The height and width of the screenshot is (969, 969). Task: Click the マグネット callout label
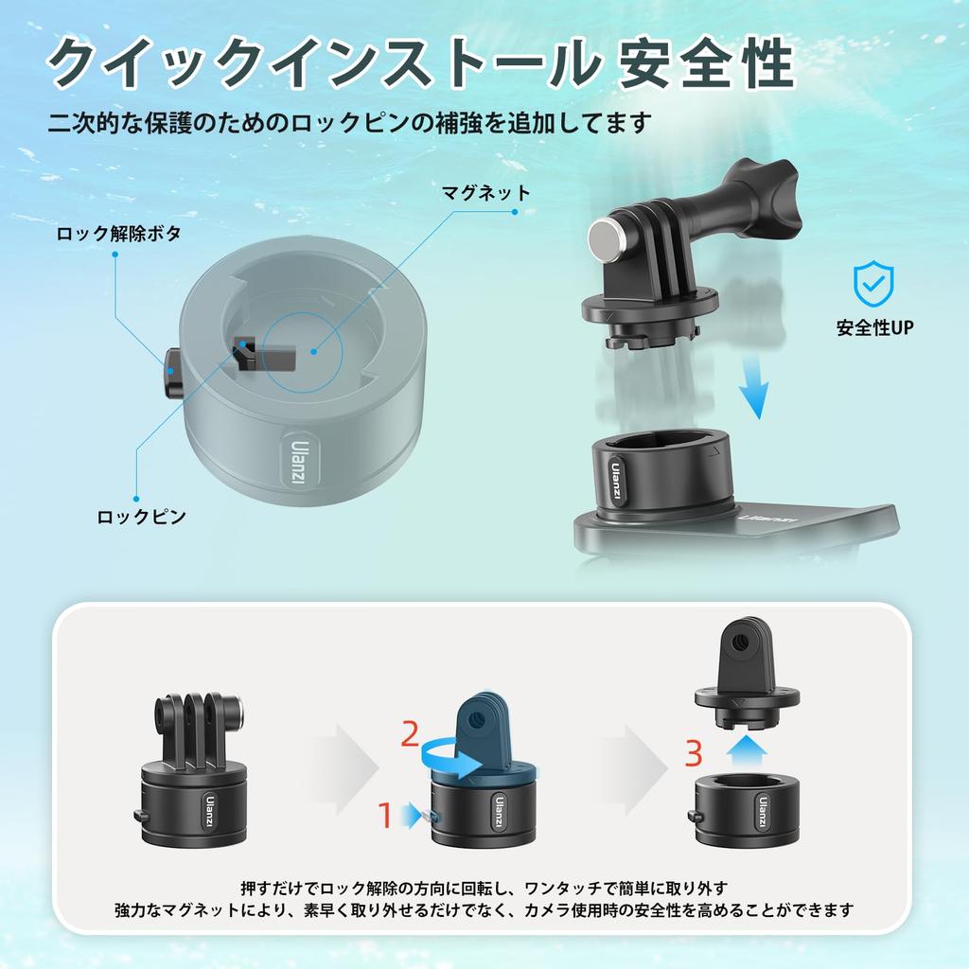click(486, 193)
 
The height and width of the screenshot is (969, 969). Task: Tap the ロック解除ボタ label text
click(118, 233)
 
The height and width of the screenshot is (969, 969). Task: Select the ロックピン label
click(142, 517)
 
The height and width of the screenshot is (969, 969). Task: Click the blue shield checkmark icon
click(872, 283)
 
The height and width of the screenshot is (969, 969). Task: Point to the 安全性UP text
click(874, 329)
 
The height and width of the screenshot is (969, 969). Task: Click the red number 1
click(385, 814)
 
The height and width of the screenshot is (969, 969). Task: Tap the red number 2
click(409, 733)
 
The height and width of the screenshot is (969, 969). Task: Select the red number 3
click(694, 754)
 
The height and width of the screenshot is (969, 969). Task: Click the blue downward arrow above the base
click(753, 389)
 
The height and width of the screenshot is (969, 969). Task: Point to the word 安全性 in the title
click(705, 65)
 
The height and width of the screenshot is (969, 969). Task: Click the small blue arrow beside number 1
click(409, 813)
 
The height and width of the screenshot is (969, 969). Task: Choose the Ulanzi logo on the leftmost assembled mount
click(208, 808)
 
